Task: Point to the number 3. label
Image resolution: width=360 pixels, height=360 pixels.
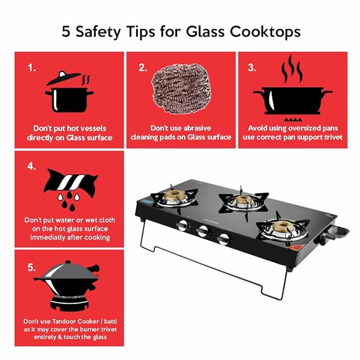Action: point(252,67)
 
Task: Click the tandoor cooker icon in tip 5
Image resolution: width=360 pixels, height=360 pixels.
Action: point(66,286)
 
